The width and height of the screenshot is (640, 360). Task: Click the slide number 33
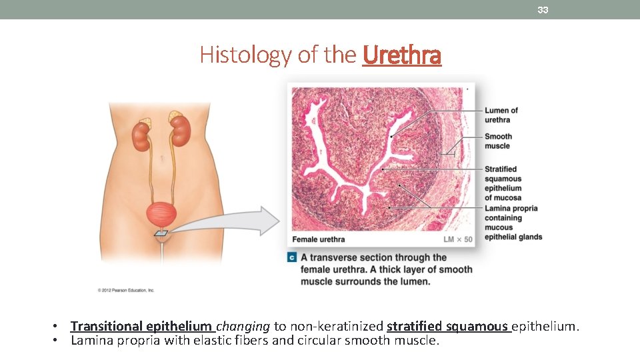[x=543, y=10]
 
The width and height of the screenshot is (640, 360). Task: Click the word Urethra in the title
[x=402, y=55]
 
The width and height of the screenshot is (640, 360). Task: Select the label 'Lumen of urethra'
[x=501, y=115]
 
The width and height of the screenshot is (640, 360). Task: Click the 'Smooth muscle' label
[x=498, y=141]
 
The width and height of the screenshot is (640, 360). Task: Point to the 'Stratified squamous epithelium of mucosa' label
[x=503, y=183]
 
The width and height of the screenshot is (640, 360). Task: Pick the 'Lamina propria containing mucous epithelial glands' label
[x=513, y=223]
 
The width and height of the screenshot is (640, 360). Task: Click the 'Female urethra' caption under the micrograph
[x=319, y=239]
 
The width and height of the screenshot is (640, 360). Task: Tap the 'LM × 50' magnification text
[x=458, y=239]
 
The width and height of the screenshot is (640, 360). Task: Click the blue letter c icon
[x=292, y=257]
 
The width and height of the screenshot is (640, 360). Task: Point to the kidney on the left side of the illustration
[x=141, y=135]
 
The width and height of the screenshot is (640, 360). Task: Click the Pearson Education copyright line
[x=126, y=290]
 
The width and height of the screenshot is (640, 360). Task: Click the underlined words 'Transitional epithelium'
[x=141, y=326]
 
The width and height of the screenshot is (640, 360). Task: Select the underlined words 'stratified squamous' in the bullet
[x=447, y=326]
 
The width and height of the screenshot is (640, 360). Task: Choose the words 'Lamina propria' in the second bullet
[x=107, y=341]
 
